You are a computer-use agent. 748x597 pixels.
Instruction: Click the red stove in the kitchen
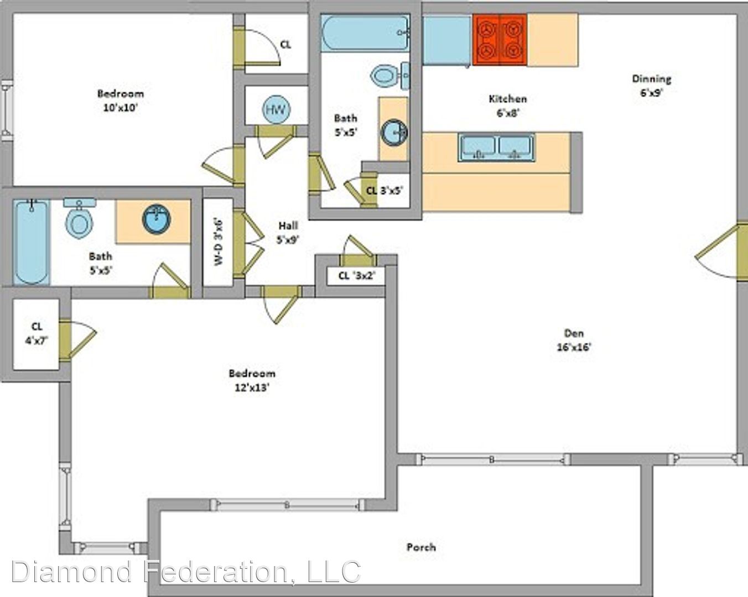point(500,40)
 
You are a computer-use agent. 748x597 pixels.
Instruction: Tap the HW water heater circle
point(276,109)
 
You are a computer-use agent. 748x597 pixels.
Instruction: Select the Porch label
point(421,547)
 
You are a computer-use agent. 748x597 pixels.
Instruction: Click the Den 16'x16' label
point(574,341)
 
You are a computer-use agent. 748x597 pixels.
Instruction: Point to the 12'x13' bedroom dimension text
point(252,387)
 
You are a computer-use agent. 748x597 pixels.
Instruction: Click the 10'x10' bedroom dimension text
point(121,108)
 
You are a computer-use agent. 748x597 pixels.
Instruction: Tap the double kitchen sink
point(496,147)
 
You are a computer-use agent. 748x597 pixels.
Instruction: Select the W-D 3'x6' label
point(218,242)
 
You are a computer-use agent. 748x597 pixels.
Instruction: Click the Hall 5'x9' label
point(288,233)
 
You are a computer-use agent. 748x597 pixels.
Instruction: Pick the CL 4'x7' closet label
point(37,333)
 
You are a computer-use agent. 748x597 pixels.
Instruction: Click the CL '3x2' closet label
point(356,276)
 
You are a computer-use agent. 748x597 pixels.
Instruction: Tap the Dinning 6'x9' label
point(651,86)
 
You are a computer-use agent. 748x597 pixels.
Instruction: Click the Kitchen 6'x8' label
point(507,106)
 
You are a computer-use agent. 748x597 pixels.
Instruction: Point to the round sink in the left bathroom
point(157,219)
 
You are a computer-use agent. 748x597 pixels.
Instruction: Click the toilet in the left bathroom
point(79,218)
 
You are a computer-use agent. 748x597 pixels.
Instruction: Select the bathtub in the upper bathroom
point(365,33)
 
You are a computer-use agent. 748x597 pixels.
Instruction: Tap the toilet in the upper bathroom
point(389,75)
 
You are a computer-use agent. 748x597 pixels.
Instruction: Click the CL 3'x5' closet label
point(385,191)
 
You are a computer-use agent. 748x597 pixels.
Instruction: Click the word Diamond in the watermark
point(71,572)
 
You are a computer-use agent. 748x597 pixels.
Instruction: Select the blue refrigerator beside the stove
point(447,40)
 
